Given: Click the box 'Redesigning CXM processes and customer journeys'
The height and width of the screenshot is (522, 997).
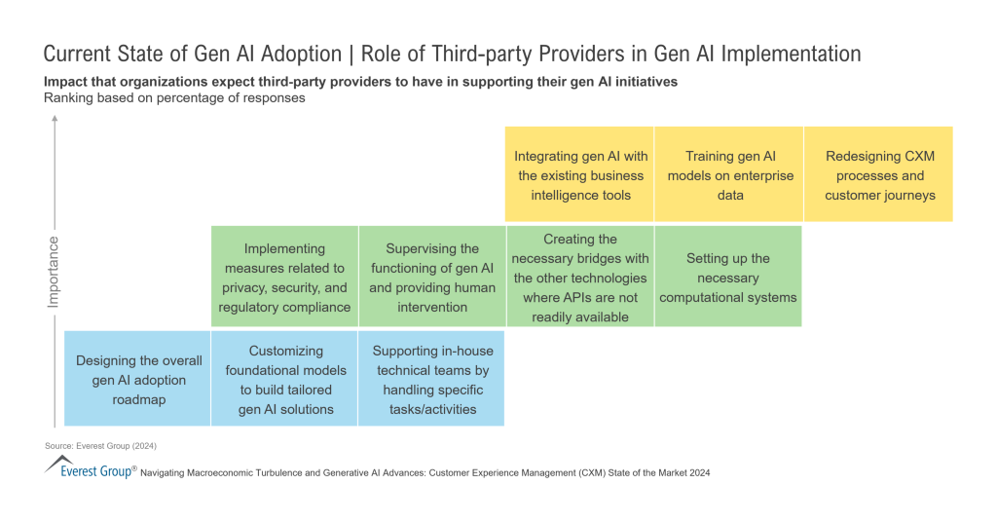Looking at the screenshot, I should pos(879,175).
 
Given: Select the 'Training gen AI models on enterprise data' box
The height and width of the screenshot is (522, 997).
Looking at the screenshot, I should pos(729,175).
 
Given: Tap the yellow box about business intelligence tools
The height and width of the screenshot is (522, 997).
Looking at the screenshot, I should pos(580,175).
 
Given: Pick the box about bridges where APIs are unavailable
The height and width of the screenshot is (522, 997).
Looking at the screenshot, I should pos(580,278).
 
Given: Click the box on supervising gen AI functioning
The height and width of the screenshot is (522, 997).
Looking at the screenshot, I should pos(432,278).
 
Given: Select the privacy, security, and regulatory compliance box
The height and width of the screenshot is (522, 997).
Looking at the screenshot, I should pos(284,278).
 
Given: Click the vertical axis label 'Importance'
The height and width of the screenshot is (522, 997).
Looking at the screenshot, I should pos(54,271).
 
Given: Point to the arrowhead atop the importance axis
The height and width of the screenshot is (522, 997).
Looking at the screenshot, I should pos(55,121).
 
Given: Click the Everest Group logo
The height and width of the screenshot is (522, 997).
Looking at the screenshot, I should pos(90,468).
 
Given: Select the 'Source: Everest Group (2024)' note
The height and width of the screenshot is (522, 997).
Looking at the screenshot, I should pos(100,445).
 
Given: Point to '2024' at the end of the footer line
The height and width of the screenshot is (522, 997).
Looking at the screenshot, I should pos(695,472).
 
